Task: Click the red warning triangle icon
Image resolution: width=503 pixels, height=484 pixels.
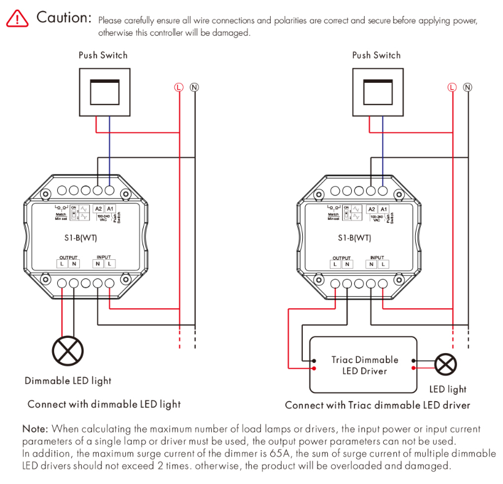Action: [x=17, y=19]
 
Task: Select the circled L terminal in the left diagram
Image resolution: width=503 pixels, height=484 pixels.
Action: [x=179, y=87]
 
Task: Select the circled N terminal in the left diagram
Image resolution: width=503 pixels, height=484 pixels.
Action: [x=195, y=87]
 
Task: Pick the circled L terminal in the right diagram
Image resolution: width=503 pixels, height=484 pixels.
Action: [x=452, y=87]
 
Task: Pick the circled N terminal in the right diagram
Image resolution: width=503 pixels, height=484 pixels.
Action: [x=468, y=87]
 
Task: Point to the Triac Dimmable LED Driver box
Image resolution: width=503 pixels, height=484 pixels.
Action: [x=364, y=365]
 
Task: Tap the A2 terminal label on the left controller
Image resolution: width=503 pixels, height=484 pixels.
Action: [x=99, y=209]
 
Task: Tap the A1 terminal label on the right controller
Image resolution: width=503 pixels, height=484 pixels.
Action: [x=383, y=209]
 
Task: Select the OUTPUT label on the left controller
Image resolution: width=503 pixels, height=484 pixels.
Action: [x=69, y=257]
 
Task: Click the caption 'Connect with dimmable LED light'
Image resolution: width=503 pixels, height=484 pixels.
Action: [x=104, y=404]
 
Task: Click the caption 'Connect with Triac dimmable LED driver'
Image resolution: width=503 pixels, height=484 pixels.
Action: [x=377, y=405]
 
